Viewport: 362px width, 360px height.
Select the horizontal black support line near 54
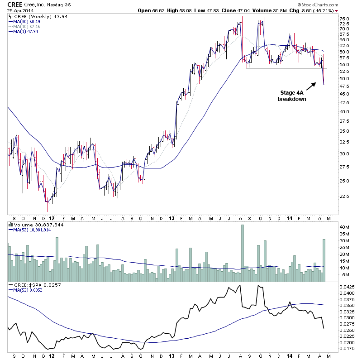pyautogui.click(x=285, y=68)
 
